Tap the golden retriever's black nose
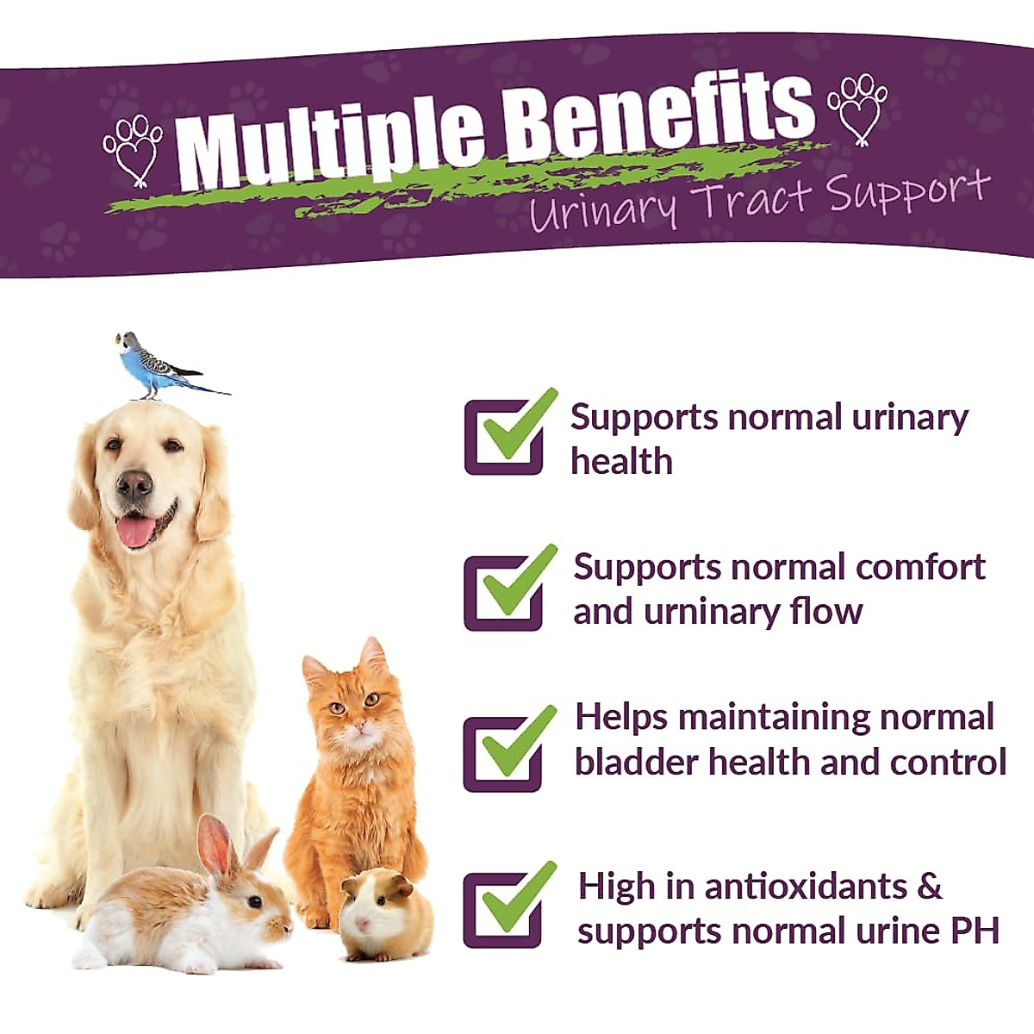pos(134,485)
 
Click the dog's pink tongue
pos(136,531)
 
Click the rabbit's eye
pos(255,901)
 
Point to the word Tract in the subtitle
pos(753,202)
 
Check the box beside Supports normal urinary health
pos(504,437)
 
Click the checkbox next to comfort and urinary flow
pos(504,593)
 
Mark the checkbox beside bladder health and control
pos(504,753)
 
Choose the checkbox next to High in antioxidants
pos(504,910)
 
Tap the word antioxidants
pos(806,887)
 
